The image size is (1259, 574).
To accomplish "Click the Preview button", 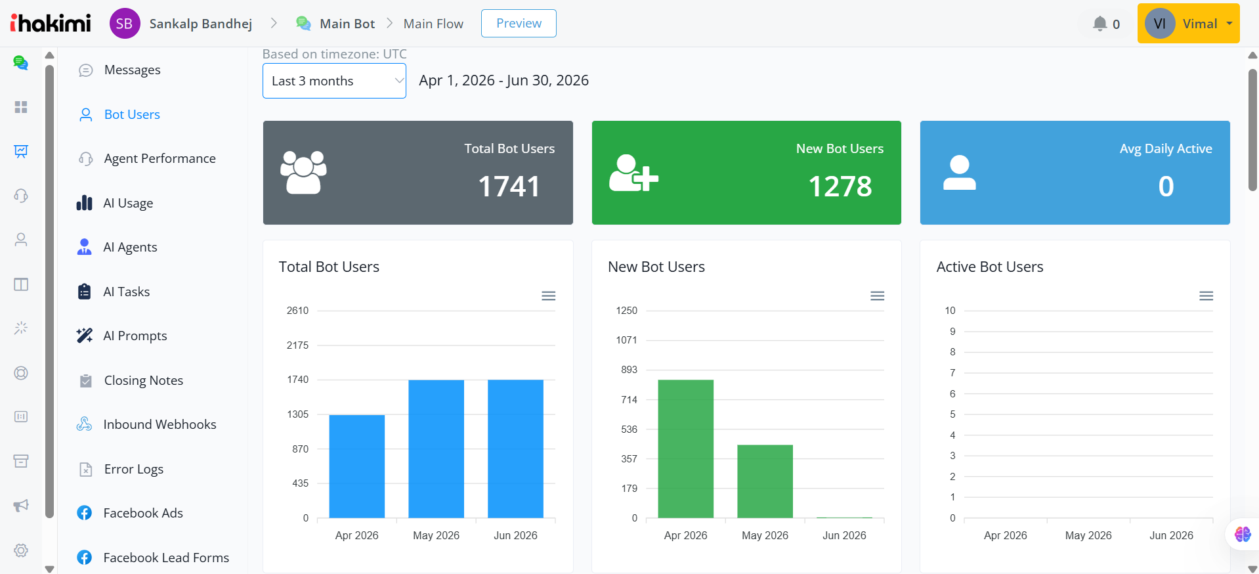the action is pos(519,24).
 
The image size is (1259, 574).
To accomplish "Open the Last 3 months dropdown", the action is pos(334,81).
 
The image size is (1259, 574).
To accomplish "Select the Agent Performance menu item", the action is pos(160,158).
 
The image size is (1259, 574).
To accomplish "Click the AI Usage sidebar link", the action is pos(128,203).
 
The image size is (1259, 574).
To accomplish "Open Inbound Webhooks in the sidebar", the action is pos(160,424).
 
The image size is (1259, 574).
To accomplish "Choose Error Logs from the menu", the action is pos(133,469).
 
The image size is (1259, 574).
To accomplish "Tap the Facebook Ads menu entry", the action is pos(143,513).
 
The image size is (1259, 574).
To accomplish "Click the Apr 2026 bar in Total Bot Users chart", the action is pos(357,466).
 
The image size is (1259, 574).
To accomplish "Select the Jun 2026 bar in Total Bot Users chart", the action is pos(515,449).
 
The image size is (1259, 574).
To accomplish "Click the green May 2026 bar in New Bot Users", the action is pos(765,481).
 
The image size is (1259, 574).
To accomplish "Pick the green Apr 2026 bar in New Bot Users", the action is pos(685,449).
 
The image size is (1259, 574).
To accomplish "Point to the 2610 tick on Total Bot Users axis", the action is pos(297,311).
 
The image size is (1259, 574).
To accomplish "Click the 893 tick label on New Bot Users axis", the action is pos(629,370).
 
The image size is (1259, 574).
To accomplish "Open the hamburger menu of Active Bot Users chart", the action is pos(1206,296).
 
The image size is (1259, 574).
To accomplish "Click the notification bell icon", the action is pos(1099,24).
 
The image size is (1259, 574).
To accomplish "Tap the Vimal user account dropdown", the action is pos(1188,24).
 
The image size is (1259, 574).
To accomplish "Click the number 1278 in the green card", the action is pos(840,187).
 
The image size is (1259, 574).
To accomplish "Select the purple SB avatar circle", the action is pos(125,24).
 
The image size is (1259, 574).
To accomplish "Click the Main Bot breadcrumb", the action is pos(347,24).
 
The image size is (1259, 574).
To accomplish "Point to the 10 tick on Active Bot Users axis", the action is pos(950,311).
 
